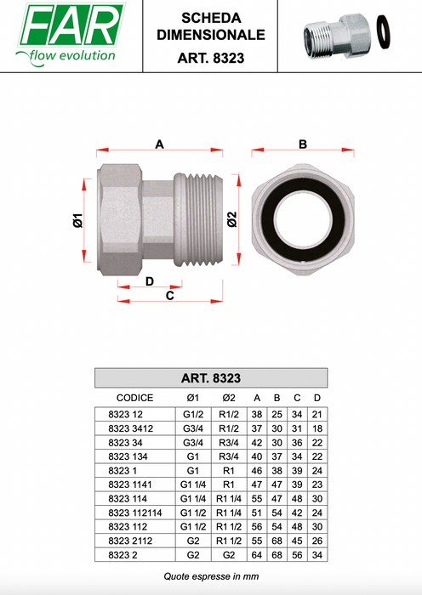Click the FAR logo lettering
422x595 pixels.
click(x=71, y=25)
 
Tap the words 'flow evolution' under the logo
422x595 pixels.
click(x=72, y=56)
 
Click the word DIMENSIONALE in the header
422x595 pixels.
click(x=211, y=35)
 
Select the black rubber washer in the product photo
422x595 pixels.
click(x=384, y=32)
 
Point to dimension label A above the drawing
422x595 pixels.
click(x=160, y=144)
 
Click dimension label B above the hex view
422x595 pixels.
click(x=303, y=144)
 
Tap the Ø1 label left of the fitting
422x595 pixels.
click(x=78, y=220)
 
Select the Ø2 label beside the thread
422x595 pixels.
click(x=231, y=219)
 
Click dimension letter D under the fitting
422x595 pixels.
click(x=150, y=281)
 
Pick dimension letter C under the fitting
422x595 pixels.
click(x=170, y=295)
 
